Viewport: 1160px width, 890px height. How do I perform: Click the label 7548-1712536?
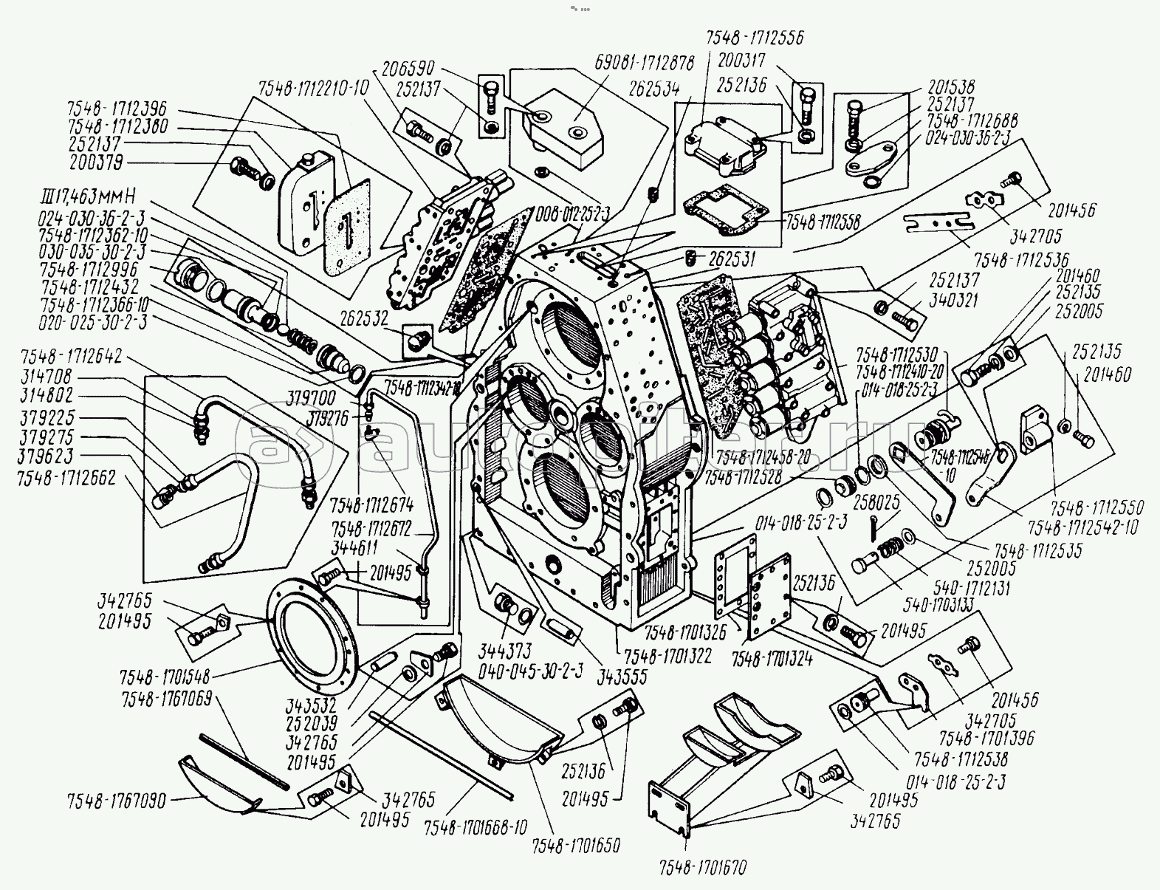coord(1021,260)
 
